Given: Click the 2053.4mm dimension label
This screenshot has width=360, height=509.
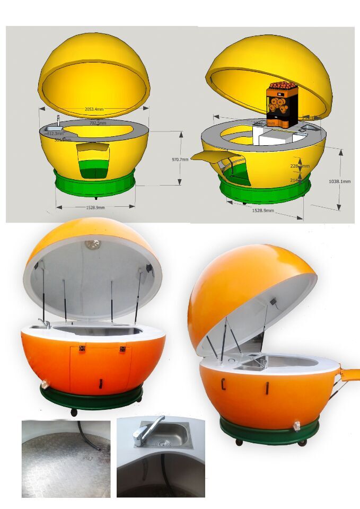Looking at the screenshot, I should [94, 109].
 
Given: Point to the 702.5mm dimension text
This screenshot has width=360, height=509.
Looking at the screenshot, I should [98, 123].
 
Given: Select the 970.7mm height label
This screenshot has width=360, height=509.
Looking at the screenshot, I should [180, 159].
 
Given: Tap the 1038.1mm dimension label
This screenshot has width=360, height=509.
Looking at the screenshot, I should [339, 181].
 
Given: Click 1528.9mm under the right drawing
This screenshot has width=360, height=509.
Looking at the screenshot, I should [263, 210].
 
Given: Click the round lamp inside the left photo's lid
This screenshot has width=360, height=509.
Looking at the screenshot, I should [93, 244].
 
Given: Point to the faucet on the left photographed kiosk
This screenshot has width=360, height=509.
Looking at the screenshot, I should [45, 322].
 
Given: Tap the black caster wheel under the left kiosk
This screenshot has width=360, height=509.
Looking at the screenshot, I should [73, 412].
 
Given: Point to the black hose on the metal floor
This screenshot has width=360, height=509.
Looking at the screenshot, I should [88, 437].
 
